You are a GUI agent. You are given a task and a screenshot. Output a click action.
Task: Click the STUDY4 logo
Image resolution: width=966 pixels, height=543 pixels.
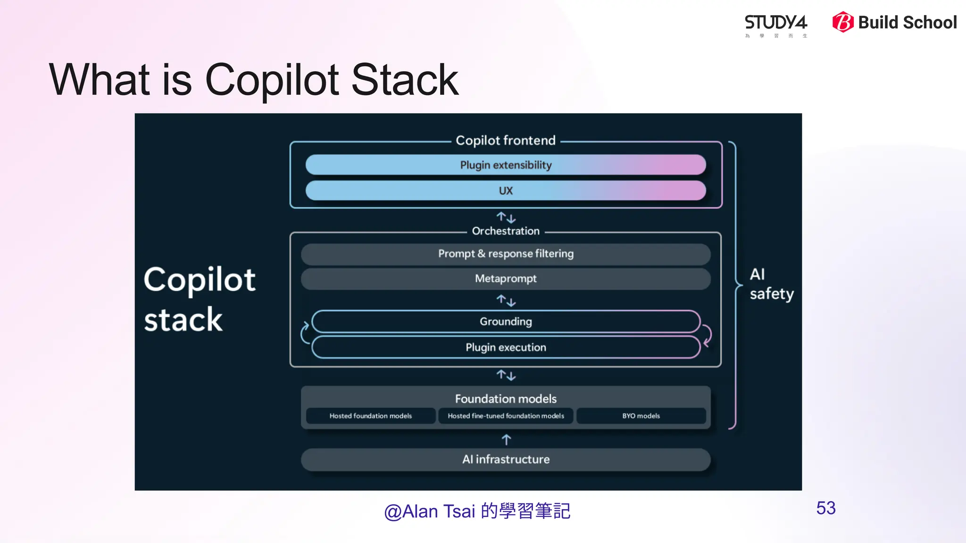coord(775,24)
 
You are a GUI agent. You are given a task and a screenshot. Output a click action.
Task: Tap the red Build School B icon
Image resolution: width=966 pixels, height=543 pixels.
coord(843,22)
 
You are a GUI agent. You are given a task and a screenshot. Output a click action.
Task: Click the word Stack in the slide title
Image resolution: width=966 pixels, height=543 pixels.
coord(405,80)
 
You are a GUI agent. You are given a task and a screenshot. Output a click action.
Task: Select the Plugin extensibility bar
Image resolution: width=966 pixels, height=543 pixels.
coord(506,165)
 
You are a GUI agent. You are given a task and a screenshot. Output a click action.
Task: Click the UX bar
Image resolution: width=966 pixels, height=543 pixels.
coord(506,191)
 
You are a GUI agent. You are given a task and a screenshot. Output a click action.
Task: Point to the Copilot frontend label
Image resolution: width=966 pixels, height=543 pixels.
coord(506,140)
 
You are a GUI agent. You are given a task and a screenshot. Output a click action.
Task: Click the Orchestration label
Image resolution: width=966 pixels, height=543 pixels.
coord(506,231)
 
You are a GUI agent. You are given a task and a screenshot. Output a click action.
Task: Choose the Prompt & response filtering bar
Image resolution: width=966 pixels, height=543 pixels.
coord(506,254)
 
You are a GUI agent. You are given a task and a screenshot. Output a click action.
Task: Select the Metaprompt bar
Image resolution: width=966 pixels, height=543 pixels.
coord(506,279)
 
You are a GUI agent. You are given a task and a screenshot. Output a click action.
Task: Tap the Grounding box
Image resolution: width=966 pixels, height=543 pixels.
coord(506,321)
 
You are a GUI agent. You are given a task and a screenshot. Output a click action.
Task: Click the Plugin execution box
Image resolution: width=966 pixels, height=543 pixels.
coord(506,347)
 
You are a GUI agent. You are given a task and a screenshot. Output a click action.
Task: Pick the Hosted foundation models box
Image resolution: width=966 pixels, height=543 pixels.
coord(371,416)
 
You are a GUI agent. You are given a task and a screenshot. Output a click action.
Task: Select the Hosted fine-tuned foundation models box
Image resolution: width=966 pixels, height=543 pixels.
coord(506,416)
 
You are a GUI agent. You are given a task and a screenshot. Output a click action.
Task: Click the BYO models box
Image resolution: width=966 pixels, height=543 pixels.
coord(641,416)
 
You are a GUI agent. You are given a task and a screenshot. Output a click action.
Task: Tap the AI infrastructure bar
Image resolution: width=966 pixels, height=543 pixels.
coord(506,459)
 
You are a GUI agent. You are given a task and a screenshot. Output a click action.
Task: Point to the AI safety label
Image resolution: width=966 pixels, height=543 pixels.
coord(771,284)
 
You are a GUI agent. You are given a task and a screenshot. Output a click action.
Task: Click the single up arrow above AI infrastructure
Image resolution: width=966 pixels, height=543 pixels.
coord(506,440)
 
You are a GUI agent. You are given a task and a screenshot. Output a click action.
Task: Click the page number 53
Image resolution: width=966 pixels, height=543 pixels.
coord(826,508)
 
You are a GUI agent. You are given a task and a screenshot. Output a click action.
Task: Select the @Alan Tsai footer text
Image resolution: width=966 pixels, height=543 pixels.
coord(477,511)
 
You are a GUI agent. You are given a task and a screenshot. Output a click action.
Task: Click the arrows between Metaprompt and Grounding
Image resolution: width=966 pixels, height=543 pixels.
coord(506,300)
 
